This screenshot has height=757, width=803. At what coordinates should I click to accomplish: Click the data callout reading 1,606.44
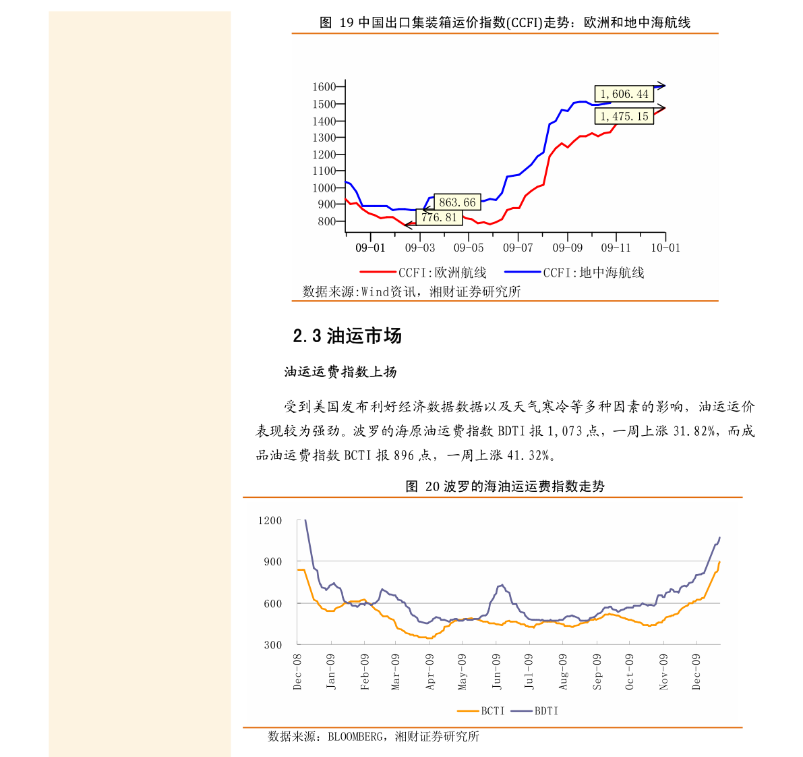(624, 94)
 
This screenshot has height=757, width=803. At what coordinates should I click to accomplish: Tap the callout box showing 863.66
(457, 202)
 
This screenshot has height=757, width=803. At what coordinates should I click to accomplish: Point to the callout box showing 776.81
(440, 218)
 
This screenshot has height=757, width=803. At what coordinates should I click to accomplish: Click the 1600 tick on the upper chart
(324, 87)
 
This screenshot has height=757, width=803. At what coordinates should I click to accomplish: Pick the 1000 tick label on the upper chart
(324, 188)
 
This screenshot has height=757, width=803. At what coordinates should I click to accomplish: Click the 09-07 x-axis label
(518, 248)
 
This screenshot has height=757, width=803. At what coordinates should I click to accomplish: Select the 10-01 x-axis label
(665, 248)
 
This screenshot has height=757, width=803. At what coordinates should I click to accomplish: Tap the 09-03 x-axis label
(420, 248)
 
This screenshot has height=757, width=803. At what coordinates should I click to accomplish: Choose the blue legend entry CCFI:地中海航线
(593, 273)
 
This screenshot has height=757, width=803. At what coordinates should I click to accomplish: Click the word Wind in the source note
(376, 291)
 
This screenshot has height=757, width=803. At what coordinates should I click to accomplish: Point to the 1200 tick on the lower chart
(270, 521)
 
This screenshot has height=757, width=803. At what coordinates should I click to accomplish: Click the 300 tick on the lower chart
(273, 645)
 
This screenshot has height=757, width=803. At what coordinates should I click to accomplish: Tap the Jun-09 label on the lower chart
(497, 671)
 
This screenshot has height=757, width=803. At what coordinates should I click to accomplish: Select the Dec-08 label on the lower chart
(298, 671)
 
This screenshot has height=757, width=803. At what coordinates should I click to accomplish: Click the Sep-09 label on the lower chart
(597, 671)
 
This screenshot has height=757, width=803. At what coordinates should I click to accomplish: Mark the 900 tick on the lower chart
(273, 562)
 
